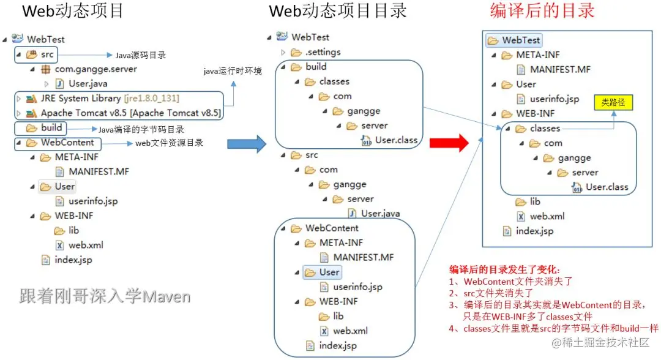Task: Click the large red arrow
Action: pyautogui.click(x=448, y=143)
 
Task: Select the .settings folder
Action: pyautogui.click(x=323, y=52)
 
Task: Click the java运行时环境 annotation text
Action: pyautogui.click(x=233, y=72)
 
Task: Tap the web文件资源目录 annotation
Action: pyautogui.click(x=169, y=143)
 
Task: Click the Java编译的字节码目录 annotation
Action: pyautogui.click(x=141, y=129)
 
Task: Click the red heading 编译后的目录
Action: pyautogui.click(x=542, y=11)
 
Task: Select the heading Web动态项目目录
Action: pyautogui.click(x=338, y=11)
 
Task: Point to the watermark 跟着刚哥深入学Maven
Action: pyautogui.click(x=105, y=297)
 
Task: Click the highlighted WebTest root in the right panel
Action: pyautogui.click(x=520, y=40)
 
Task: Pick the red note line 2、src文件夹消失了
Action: pyautogui.click(x=490, y=293)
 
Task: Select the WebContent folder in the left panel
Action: pyautogui.click(x=67, y=143)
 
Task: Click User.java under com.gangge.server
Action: pyautogui.click(x=88, y=84)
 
